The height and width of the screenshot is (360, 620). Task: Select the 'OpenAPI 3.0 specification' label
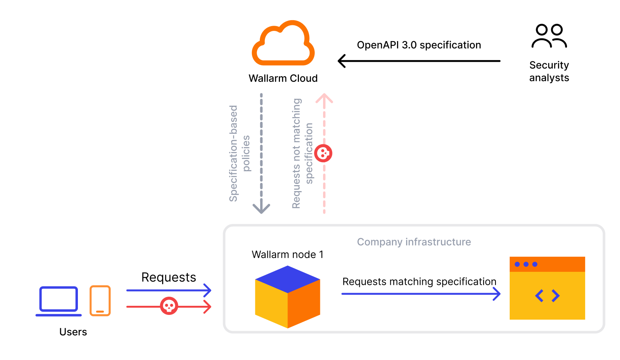point(419,45)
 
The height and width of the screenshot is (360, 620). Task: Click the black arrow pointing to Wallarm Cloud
point(419,61)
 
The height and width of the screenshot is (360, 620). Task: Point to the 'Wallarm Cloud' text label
point(283,78)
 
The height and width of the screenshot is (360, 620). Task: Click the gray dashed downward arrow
point(261,154)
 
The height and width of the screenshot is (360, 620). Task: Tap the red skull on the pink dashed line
point(323,153)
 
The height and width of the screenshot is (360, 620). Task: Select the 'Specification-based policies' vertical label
point(240,153)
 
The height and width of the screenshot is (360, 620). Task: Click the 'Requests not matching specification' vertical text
point(302,153)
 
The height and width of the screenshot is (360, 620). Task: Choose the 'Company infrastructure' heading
point(414,242)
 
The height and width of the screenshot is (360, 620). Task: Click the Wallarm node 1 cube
point(287,297)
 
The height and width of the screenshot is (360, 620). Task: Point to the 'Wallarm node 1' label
point(287,254)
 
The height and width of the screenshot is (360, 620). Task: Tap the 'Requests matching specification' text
point(419,282)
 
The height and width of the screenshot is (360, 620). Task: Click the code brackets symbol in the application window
point(547,296)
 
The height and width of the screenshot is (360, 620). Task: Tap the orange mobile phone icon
point(100,301)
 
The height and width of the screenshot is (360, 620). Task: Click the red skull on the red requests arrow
point(169,306)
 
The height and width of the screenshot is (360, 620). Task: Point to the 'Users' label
point(73,332)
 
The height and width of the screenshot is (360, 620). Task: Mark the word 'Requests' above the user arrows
point(169,277)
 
